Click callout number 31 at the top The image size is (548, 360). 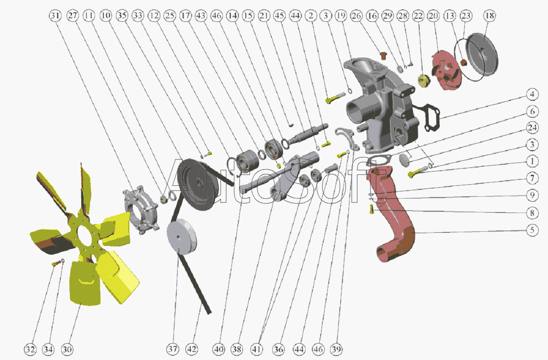coord(55,16)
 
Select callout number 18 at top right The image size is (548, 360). coord(490,16)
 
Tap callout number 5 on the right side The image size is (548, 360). coord(532,230)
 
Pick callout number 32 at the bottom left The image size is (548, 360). coord(30,349)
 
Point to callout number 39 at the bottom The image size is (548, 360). coord(337,349)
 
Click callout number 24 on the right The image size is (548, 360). coord(532,128)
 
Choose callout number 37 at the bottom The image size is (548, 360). coord(173,349)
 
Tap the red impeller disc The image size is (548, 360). coord(446,71)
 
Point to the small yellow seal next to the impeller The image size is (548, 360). coord(424,81)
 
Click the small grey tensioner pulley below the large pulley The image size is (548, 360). coord(182,237)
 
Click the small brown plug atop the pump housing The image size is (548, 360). coord(383,56)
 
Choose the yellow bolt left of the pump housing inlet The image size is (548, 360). coord(335,97)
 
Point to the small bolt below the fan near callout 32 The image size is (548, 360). coord(57,263)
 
